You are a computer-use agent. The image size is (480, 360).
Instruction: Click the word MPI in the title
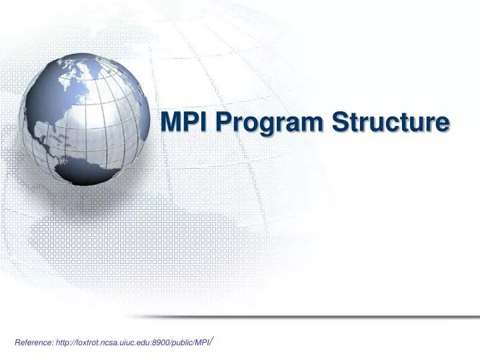pyautogui.click(x=185, y=123)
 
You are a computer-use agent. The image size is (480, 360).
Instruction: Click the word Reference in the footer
pyautogui.click(x=34, y=342)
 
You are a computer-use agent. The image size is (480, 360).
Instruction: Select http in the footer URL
pyautogui.click(x=65, y=342)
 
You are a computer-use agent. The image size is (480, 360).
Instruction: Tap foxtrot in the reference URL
pyautogui.click(x=93, y=342)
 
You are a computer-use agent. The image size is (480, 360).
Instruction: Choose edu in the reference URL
pyautogui.click(x=155, y=342)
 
